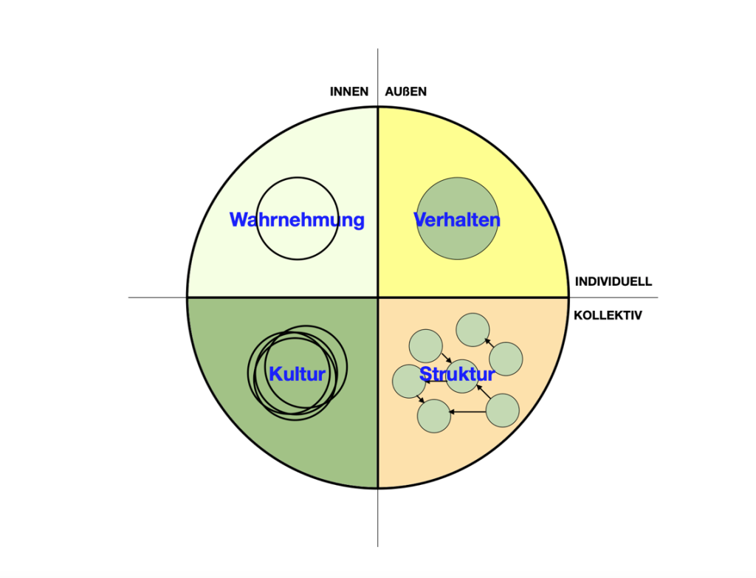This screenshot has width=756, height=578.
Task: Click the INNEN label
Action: tap(349, 92)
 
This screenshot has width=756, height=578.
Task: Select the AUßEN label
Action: tap(405, 92)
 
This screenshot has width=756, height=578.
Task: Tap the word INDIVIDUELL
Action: tap(613, 282)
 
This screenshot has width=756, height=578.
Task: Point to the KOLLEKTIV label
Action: tap(608, 315)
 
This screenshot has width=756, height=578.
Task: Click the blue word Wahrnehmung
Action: tap(297, 220)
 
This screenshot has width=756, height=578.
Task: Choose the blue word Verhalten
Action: tap(457, 220)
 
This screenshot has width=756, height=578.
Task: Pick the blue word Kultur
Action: tap(297, 374)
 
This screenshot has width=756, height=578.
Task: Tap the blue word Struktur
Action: tap(457, 374)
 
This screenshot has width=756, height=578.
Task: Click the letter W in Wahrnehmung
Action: tap(238, 220)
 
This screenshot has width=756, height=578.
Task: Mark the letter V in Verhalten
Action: tap(421, 220)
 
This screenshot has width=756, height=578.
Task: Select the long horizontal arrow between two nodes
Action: tap(468, 411)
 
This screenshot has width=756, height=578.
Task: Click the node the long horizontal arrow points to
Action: tap(434, 416)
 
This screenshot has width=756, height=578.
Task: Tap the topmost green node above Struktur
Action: tap(472, 330)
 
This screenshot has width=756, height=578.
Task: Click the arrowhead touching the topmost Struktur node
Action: tap(487, 340)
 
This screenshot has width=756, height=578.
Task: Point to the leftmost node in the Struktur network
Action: tap(409, 381)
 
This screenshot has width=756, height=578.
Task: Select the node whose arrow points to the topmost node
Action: tap(506, 359)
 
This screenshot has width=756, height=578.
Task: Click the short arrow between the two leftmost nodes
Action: tap(421, 399)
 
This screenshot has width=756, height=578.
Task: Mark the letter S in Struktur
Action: tap(426, 374)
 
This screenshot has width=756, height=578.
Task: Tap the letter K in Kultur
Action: tap(275, 374)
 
